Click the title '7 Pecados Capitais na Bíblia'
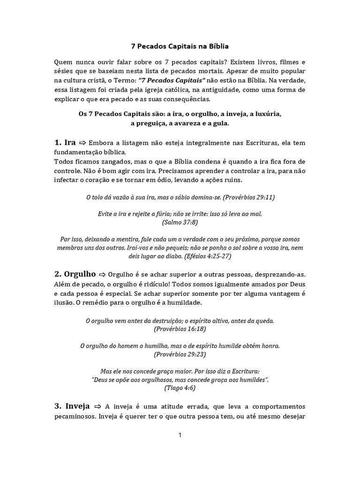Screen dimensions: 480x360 (x=180, y=47)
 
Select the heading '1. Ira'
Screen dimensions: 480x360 (x=65, y=142)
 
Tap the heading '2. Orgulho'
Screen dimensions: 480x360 (x=75, y=273)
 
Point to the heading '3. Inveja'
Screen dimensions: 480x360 (x=72, y=405)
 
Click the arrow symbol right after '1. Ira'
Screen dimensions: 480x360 (x=82, y=143)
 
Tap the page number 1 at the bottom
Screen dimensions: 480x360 (x=180, y=435)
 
